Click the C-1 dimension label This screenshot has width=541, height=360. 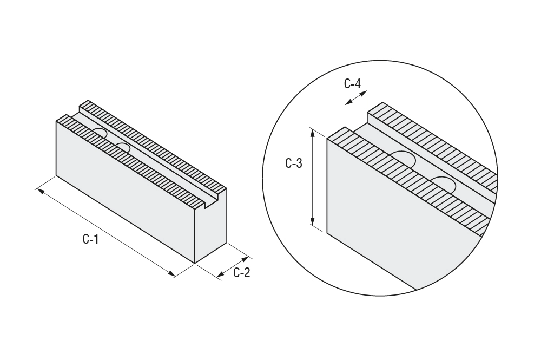click(91, 239)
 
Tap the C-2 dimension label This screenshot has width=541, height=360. click(241, 273)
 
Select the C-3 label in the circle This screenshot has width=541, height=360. click(294, 163)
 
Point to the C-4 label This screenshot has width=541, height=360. click(352, 83)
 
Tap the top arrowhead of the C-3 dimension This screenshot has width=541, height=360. click(313, 133)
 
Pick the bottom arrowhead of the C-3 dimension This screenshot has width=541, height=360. click(313, 221)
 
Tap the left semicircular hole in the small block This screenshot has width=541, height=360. click(101, 134)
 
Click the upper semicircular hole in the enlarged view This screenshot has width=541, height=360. click(403, 159)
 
